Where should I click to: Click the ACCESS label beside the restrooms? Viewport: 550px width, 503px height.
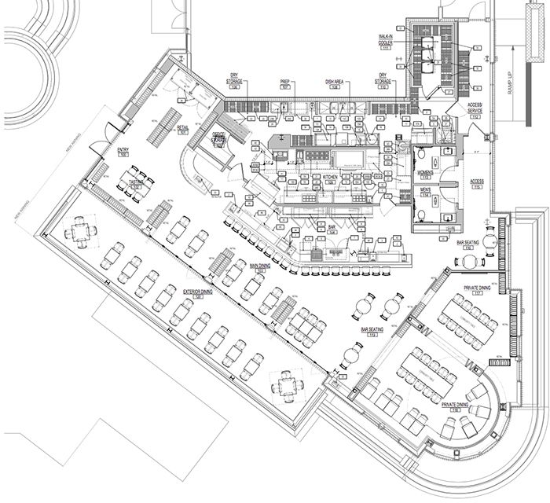[477, 183]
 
